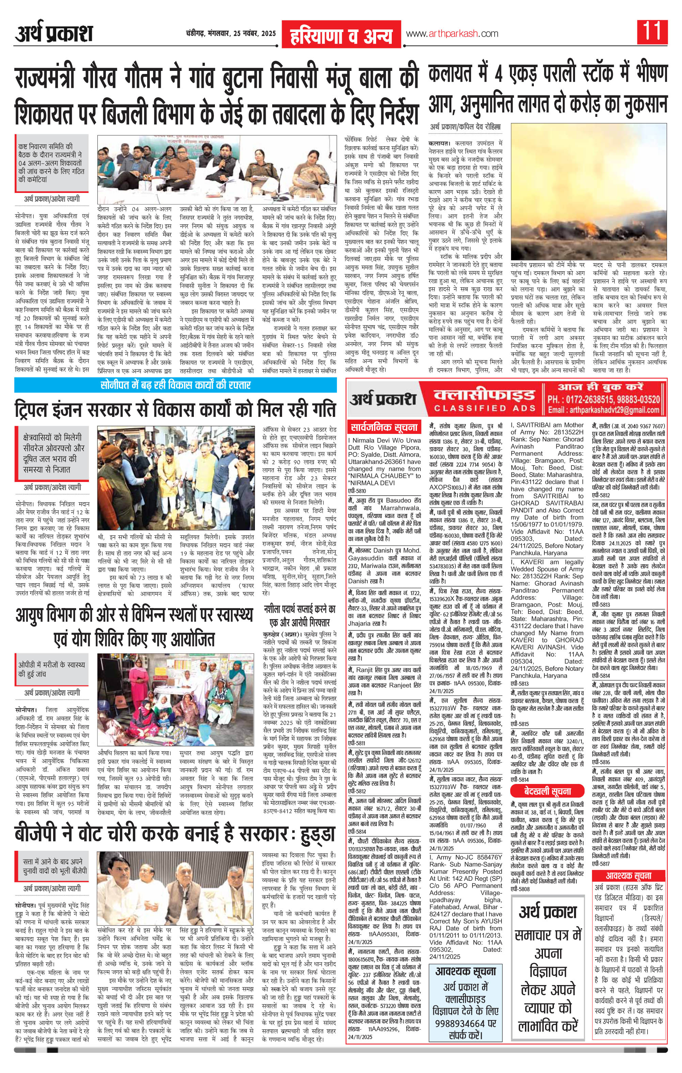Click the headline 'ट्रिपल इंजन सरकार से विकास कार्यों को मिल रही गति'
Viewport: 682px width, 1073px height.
[175, 408]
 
